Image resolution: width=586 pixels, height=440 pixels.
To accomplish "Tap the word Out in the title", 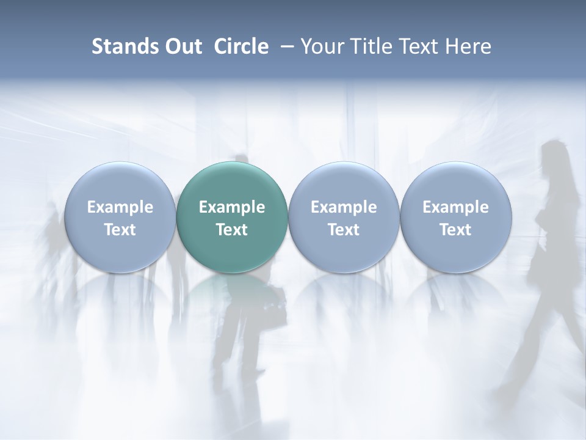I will (182, 46).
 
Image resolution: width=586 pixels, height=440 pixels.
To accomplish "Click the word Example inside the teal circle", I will (232, 207).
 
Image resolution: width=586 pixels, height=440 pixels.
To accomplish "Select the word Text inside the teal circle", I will (232, 230).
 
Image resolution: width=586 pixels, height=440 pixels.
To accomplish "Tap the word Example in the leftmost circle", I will (120, 207).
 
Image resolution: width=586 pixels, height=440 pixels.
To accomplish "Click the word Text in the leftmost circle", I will (120, 230).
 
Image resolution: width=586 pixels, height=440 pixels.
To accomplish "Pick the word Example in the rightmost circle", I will (455, 207).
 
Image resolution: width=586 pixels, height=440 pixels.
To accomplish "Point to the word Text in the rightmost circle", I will (455, 230).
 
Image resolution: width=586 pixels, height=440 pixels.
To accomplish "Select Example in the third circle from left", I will (344, 207).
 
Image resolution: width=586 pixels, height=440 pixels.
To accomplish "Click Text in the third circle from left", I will (344, 230).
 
